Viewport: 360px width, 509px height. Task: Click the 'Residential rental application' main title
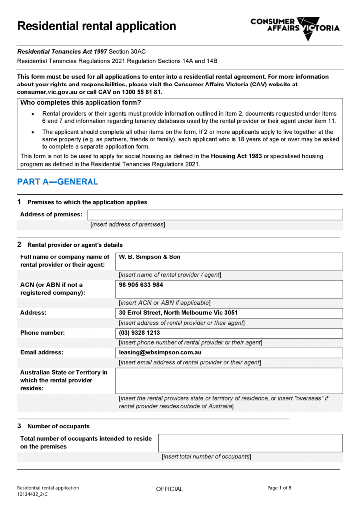tap(96, 26)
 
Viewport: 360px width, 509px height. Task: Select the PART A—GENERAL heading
tap(58, 182)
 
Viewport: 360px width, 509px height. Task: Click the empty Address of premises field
tap(215, 215)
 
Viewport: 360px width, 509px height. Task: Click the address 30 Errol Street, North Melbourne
tap(178, 313)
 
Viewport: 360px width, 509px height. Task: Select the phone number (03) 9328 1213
tap(139, 333)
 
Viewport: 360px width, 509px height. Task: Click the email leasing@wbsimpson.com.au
tap(160, 352)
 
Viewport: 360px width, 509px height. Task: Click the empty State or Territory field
tap(229, 381)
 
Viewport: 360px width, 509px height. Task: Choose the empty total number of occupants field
tap(250, 443)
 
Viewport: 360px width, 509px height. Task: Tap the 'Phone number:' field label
tap(42, 333)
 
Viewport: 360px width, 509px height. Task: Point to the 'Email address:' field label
tap(42, 352)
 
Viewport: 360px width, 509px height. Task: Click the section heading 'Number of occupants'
tap(59, 426)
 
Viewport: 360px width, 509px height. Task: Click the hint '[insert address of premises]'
tap(127, 225)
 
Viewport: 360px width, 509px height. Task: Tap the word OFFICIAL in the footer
tap(170, 489)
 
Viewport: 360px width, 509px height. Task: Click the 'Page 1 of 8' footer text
tap(279, 488)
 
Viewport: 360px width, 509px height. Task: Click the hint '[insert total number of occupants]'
tap(206, 457)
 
